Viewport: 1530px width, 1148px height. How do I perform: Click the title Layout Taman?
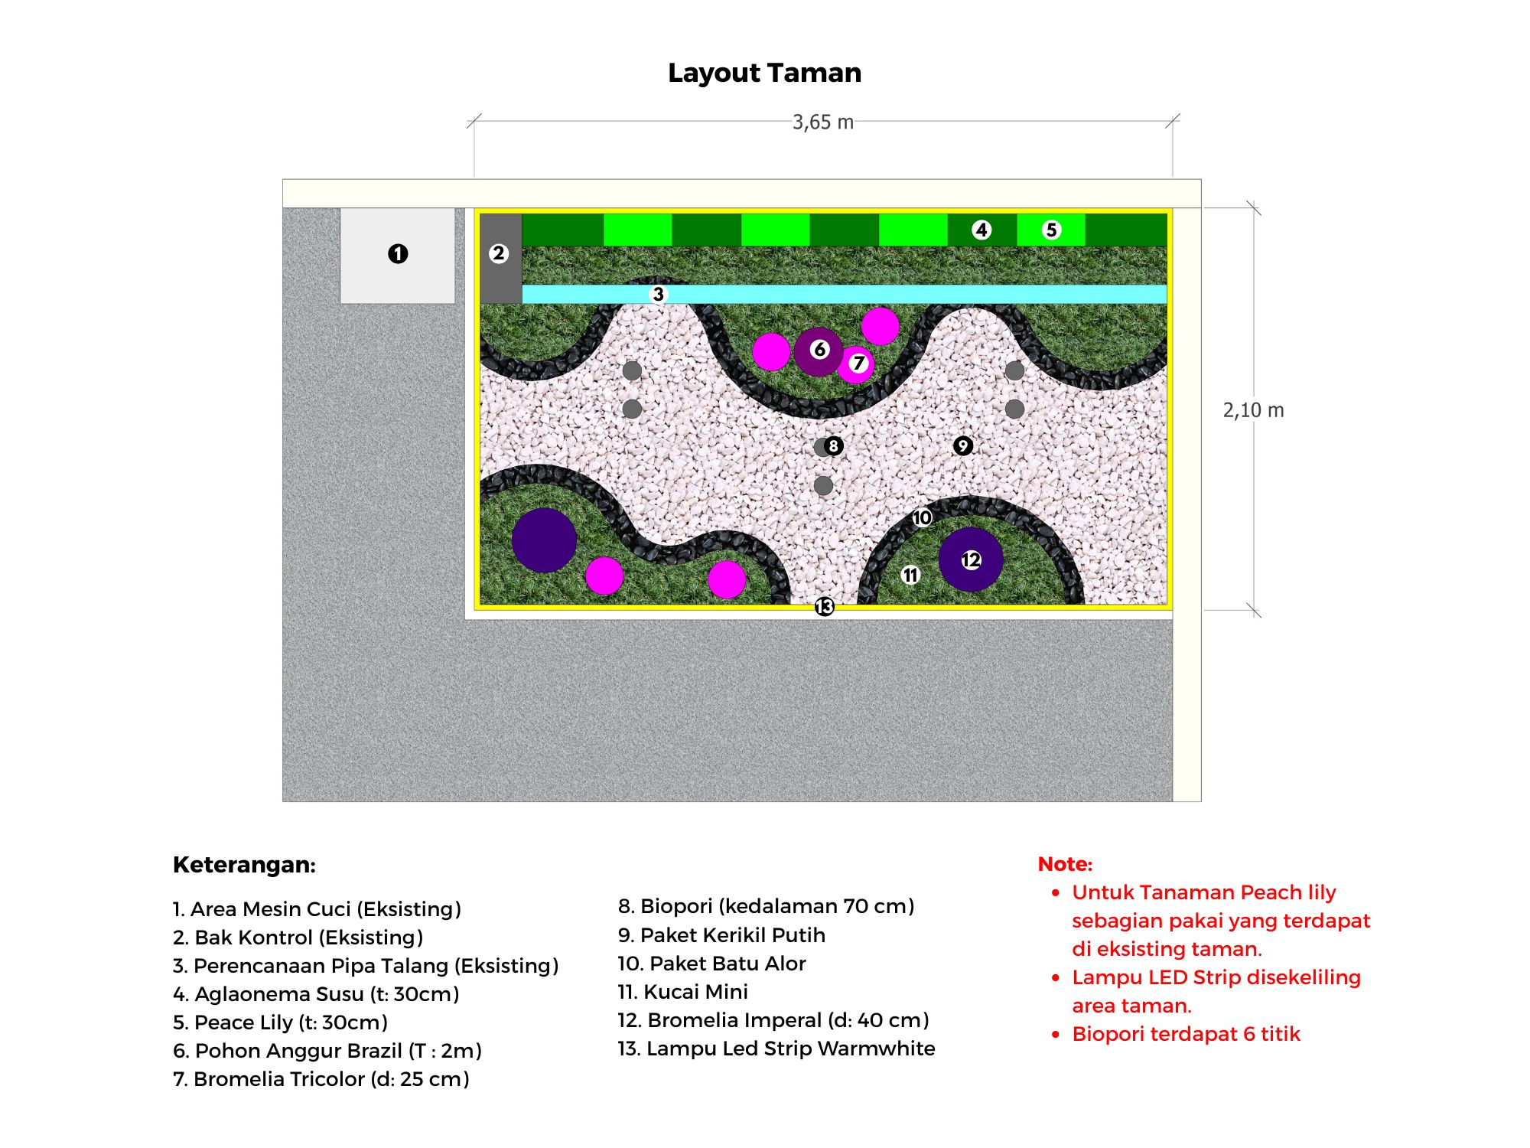click(x=764, y=73)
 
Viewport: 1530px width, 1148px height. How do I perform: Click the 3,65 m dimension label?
click(x=822, y=122)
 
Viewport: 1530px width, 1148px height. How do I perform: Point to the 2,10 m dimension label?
click(x=1253, y=410)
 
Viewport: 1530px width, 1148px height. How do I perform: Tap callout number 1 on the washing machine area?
click(x=398, y=253)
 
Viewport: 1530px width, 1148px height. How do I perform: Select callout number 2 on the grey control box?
click(x=499, y=253)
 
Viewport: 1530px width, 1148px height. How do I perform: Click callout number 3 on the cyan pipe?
click(x=658, y=294)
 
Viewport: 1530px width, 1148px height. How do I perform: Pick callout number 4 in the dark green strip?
click(x=981, y=230)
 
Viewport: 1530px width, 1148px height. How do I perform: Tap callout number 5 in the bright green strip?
click(x=1051, y=230)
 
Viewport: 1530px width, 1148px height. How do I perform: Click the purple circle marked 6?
click(x=818, y=351)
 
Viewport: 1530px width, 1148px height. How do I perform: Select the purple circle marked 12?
click(x=971, y=559)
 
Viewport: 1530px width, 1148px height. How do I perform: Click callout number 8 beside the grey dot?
click(x=833, y=445)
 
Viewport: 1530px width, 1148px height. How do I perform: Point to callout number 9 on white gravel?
click(x=963, y=445)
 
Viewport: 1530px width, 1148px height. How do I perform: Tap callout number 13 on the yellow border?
click(x=824, y=607)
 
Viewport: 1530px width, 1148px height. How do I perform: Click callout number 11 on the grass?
click(x=910, y=575)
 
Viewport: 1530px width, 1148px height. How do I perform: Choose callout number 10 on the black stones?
click(x=922, y=518)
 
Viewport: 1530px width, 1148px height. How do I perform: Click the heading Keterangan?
click(x=244, y=865)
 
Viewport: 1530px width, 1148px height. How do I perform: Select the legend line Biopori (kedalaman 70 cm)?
click(x=766, y=906)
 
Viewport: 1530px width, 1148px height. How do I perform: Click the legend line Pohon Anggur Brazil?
click(x=327, y=1051)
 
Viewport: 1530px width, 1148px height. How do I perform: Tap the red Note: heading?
click(x=1065, y=864)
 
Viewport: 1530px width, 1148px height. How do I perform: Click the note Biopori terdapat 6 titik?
click(x=1186, y=1034)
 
